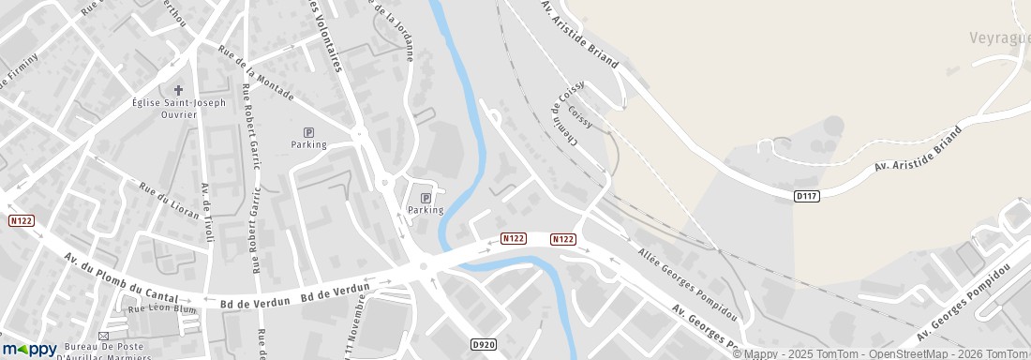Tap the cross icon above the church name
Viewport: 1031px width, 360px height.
point(178,90)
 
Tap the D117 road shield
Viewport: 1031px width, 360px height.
point(806,196)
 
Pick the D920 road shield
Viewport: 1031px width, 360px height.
point(484,345)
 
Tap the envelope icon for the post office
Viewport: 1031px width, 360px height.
point(103,336)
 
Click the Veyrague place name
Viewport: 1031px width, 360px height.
point(999,37)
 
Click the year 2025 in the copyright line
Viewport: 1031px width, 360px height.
point(791,353)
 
